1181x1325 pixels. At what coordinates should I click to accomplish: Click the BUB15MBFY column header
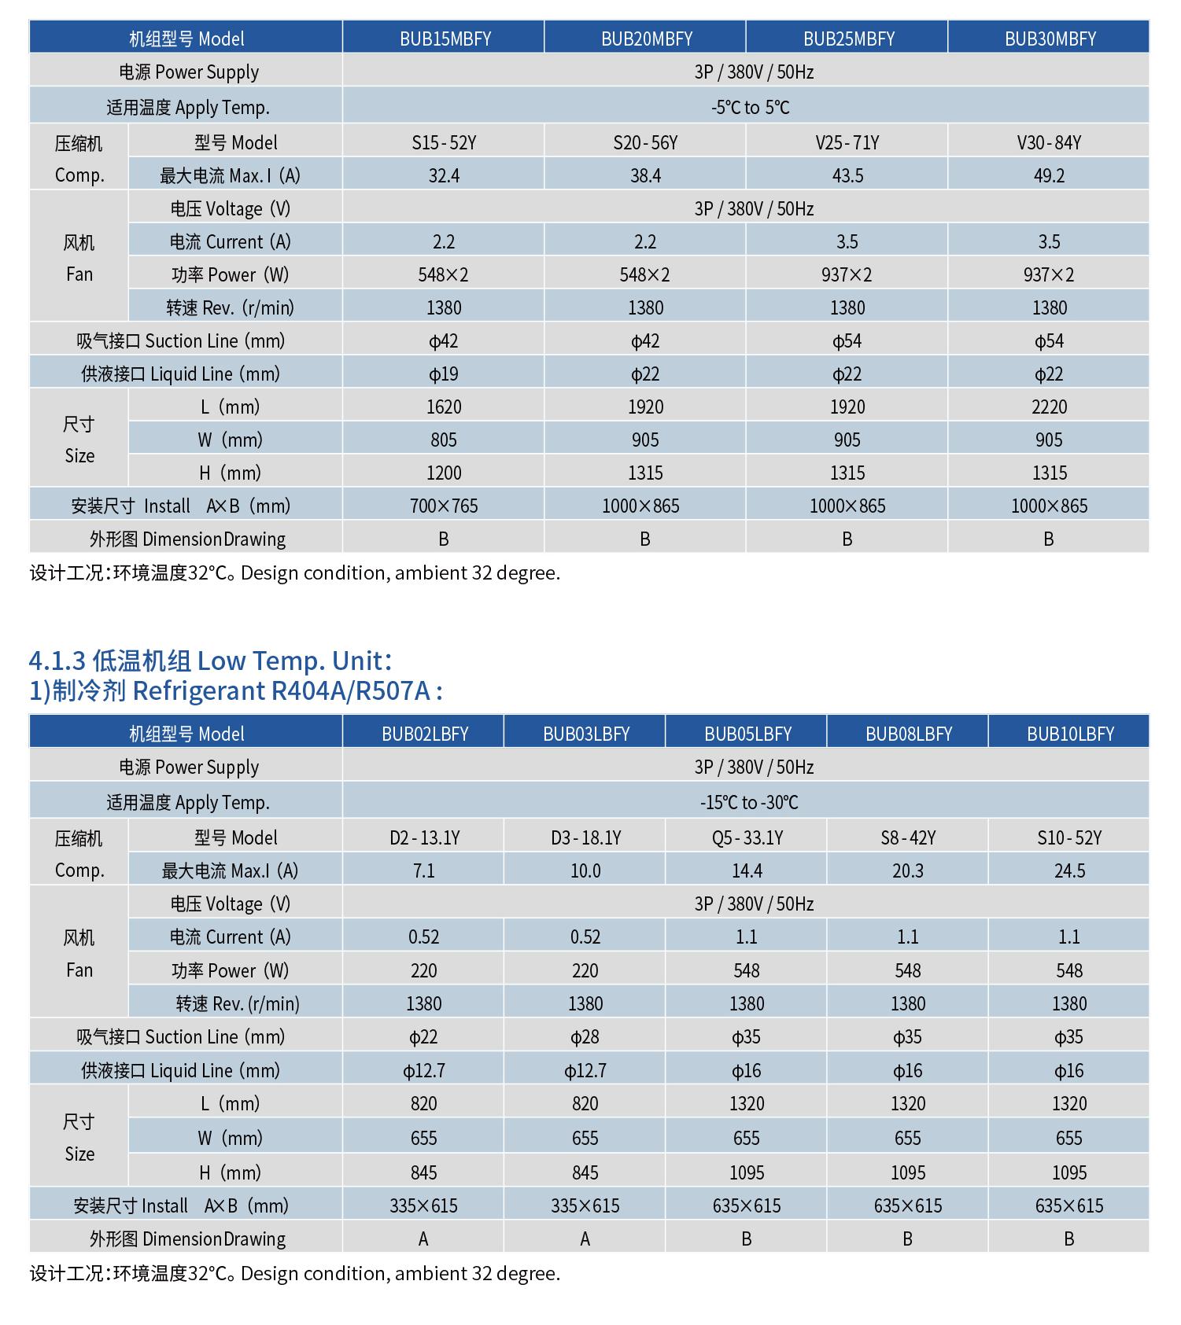point(445,39)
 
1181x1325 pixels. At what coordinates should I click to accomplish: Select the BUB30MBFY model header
point(1050,39)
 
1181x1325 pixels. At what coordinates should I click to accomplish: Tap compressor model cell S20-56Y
point(645,142)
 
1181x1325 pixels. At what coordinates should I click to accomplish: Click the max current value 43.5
point(847,175)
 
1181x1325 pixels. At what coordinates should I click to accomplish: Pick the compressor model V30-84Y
point(1049,142)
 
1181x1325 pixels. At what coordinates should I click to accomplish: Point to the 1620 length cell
point(444,407)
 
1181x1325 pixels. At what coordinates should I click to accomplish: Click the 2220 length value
point(1049,407)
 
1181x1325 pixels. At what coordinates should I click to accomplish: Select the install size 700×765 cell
point(444,506)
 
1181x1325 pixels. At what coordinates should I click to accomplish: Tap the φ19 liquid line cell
point(444,374)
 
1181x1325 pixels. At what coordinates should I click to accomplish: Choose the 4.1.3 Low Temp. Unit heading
point(210,660)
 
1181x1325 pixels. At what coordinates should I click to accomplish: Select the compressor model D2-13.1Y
point(424,837)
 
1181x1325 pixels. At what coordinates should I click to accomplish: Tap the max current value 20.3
point(908,870)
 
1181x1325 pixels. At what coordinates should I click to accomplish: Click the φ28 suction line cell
point(585,1036)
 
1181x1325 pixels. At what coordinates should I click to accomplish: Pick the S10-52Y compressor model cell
point(1069,837)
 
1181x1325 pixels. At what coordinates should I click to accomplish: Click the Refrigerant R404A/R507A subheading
point(236,690)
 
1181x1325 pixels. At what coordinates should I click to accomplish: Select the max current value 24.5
point(1069,870)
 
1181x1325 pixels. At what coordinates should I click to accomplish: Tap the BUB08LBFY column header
point(909,734)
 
